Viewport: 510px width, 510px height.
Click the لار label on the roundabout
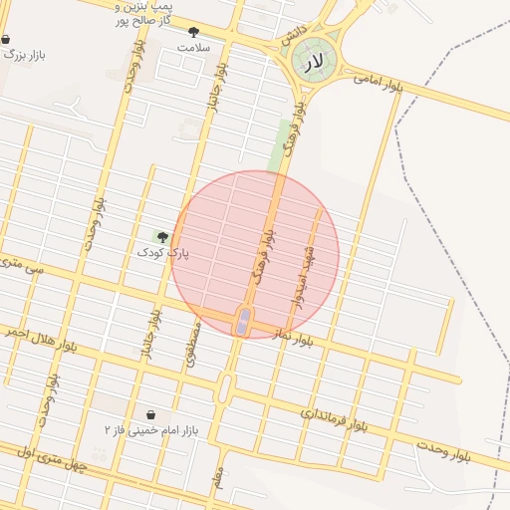pyautogui.click(x=315, y=63)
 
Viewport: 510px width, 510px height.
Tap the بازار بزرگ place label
pyautogui.click(x=24, y=55)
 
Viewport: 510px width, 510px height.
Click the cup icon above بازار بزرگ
pyautogui.click(x=6, y=39)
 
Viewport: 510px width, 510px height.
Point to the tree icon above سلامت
pyautogui.click(x=193, y=32)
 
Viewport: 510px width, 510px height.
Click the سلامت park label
pyautogui.click(x=195, y=47)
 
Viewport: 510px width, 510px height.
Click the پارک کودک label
pyautogui.click(x=162, y=253)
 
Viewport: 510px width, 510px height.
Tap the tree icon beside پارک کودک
pyautogui.click(x=162, y=237)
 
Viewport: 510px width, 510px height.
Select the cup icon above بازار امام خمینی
pyautogui.click(x=150, y=414)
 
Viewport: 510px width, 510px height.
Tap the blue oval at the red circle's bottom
pyautogui.click(x=242, y=322)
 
